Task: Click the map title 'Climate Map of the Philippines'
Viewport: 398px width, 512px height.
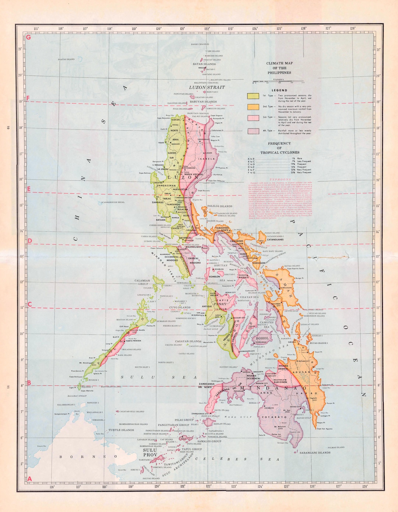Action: point(279,68)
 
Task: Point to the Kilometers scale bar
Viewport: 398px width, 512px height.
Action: point(278,81)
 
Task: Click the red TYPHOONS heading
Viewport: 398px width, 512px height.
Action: point(280,179)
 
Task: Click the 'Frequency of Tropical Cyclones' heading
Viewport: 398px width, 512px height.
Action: point(279,148)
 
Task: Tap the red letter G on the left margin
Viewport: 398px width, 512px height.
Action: point(28,37)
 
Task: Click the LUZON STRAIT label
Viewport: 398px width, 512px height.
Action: point(207,87)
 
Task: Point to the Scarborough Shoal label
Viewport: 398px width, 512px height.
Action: point(113,202)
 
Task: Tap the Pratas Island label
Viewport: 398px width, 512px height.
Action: point(66,59)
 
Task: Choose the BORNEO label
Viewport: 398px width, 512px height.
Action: point(88,456)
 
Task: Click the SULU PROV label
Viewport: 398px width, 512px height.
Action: point(150,452)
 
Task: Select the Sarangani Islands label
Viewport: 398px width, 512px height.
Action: point(315,453)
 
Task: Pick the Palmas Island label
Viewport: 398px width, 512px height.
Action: point(336,447)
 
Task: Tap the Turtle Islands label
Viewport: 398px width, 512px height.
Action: point(121,430)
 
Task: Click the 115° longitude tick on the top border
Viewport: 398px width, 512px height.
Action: point(36,29)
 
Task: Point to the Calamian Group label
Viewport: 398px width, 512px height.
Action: point(142,282)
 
